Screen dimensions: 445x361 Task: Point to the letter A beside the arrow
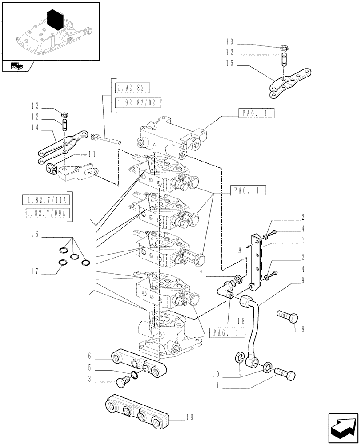pos(241,251)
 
